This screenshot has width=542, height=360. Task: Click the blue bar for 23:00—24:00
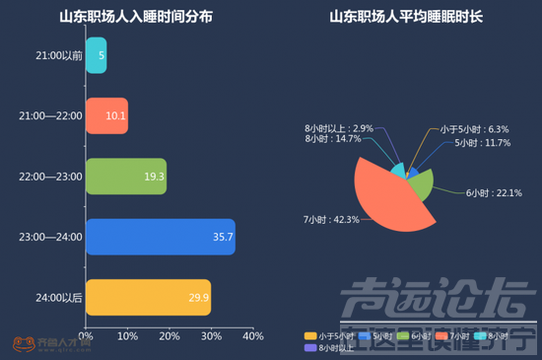tap(160, 237)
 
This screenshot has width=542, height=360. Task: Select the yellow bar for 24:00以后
tap(148, 297)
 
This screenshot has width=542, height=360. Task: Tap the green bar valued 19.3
tap(126, 176)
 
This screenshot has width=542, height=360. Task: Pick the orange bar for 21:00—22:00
tap(106, 115)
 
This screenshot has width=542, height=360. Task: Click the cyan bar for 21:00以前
tap(96, 55)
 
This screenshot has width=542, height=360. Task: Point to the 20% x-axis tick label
tap(169, 336)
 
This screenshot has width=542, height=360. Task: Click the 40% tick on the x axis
tap(252, 336)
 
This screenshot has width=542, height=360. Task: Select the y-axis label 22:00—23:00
tap(49, 177)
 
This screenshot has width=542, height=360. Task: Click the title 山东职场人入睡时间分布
tap(135, 17)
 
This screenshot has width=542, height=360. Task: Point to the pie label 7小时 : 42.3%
tap(331, 218)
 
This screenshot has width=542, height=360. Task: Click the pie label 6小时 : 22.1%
tap(494, 192)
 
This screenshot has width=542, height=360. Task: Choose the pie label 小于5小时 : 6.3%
tap(474, 129)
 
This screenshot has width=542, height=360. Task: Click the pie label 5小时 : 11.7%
tap(482, 143)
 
